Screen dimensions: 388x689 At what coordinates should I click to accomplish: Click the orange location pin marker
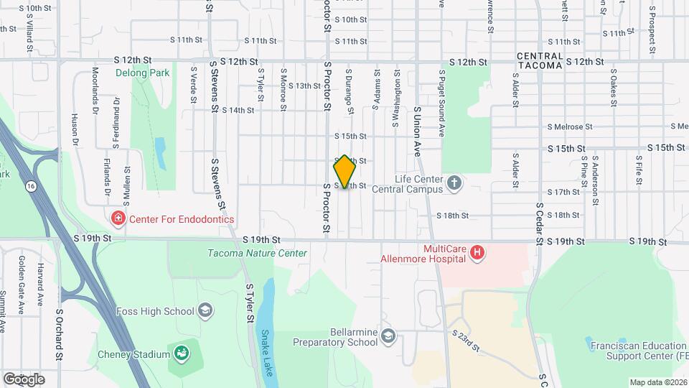point(344,172)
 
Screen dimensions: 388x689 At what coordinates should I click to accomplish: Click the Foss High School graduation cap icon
point(205,311)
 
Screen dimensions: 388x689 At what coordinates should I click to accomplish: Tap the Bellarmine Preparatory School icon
point(388,336)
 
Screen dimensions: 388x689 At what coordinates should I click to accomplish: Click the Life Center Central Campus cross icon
point(454,183)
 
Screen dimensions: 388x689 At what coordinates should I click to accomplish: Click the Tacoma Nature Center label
point(257,253)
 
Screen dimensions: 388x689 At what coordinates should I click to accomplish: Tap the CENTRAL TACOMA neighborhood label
point(540,60)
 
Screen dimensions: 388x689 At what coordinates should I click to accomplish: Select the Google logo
point(23,379)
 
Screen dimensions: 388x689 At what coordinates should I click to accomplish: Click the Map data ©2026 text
point(657,382)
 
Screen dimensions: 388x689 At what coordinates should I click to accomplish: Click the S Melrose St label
point(568,126)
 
